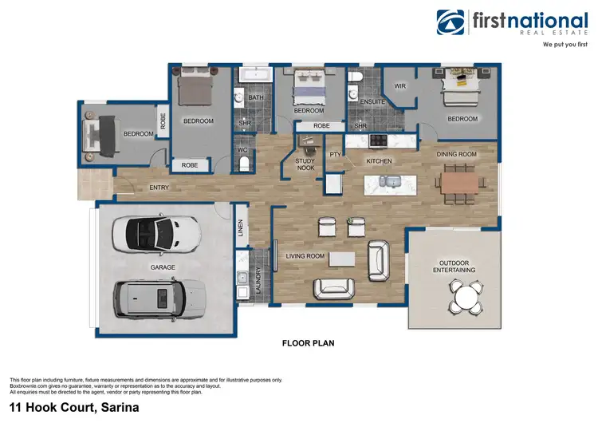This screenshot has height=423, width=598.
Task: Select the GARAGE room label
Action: (163, 267)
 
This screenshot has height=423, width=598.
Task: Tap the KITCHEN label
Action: (380, 161)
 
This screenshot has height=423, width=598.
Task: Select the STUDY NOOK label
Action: (305, 164)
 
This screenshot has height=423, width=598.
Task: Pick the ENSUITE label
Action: (372, 102)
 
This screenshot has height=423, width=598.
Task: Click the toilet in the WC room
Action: (245, 164)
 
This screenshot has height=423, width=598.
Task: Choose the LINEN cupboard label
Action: (240, 229)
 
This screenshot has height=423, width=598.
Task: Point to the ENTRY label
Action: (158, 188)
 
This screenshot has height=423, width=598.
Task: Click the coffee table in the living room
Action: (342, 259)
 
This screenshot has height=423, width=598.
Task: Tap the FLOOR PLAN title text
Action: (308, 344)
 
